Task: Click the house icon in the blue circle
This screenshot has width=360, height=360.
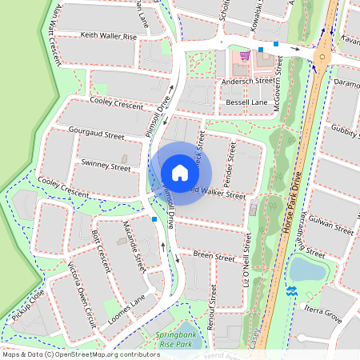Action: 180,172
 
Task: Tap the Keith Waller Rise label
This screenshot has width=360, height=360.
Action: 108,37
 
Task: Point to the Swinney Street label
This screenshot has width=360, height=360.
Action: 105,168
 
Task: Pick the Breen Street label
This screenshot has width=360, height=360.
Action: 214,254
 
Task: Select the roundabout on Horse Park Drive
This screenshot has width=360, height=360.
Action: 322,56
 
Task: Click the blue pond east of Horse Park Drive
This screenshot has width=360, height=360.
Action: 306,269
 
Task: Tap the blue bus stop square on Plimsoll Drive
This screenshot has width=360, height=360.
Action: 154,218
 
